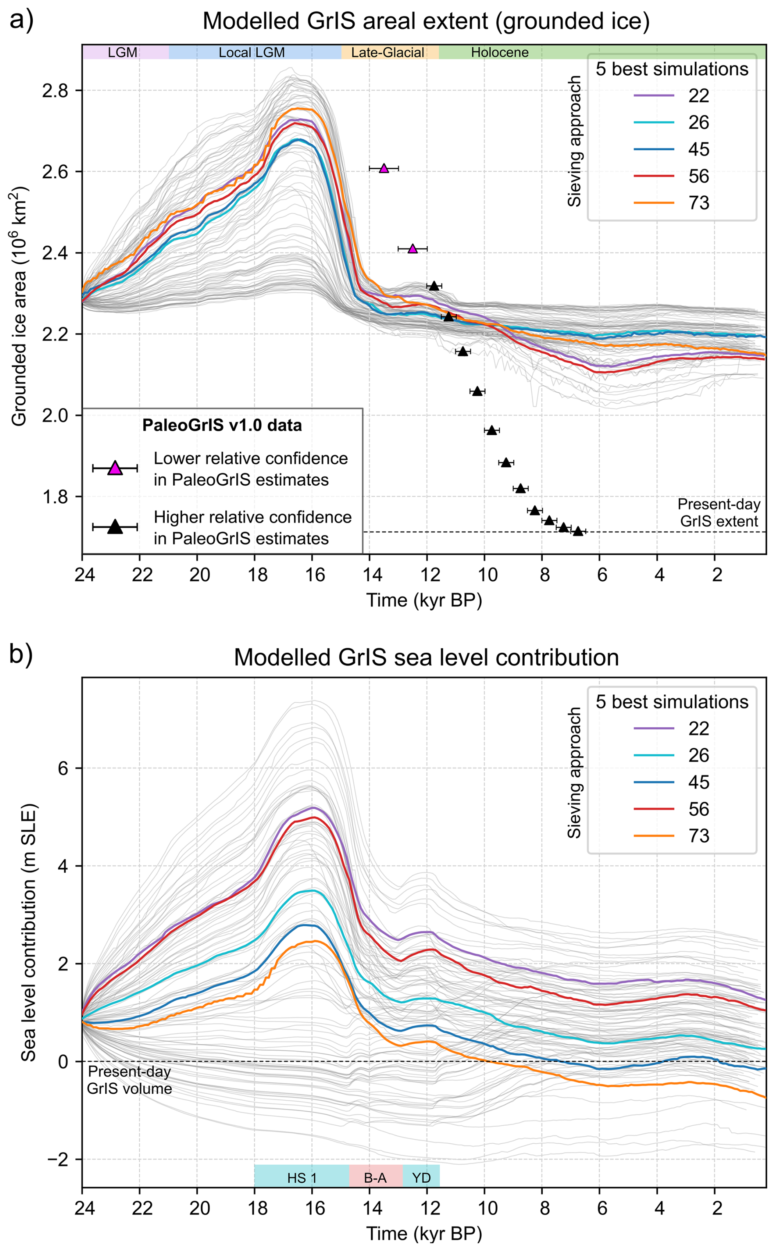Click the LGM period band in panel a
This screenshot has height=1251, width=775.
123,52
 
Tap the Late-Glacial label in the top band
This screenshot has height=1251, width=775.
387,52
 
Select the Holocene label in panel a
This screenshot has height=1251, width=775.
500,52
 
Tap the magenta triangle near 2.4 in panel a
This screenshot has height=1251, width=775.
412,249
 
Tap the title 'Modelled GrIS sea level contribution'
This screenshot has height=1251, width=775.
426,657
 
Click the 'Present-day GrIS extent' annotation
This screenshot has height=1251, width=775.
718,513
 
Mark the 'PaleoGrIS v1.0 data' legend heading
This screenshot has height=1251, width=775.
222,426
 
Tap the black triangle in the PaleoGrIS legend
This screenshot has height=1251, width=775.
116,527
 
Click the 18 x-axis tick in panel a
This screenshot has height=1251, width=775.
257,575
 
